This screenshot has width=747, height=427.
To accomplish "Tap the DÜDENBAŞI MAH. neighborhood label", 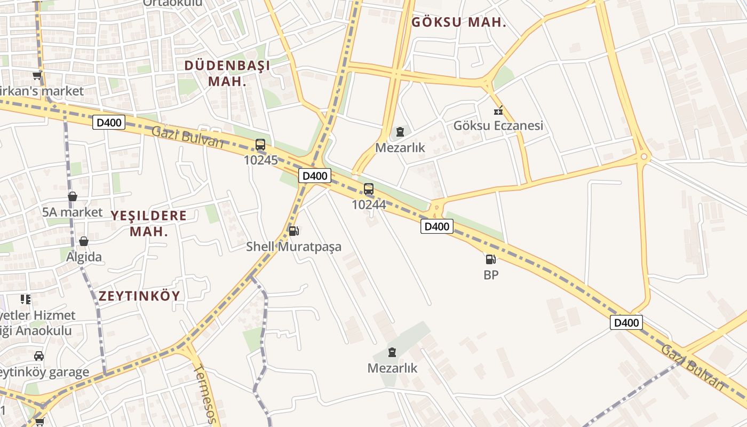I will [x=227, y=73].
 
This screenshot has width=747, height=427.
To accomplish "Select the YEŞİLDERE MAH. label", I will [x=149, y=223].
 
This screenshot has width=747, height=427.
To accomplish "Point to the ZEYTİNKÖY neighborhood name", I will [x=139, y=296].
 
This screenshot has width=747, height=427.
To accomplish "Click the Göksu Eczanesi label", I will [x=498, y=125].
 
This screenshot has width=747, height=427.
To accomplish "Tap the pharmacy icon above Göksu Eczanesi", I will [x=498, y=111].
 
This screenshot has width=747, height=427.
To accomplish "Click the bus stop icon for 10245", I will [x=260, y=145].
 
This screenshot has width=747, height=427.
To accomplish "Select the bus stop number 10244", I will [x=369, y=204].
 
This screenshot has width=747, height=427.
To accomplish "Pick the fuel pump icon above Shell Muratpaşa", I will [x=293, y=231].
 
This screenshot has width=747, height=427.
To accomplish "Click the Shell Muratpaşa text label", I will [x=293, y=247].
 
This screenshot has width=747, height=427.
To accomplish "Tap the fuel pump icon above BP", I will [x=491, y=259].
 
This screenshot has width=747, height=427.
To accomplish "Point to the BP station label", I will [x=491, y=275].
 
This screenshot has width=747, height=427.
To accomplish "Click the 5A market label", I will [x=73, y=212].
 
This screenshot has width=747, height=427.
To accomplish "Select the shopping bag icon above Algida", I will [x=84, y=241].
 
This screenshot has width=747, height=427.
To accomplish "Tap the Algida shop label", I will [x=84, y=257].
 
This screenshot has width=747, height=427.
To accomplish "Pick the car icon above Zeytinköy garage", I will [x=39, y=356].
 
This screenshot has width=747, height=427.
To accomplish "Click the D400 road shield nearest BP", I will [x=437, y=226].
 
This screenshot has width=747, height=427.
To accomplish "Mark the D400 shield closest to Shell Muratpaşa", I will [x=314, y=176].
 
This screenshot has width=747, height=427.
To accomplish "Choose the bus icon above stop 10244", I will [x=369, y=188].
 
